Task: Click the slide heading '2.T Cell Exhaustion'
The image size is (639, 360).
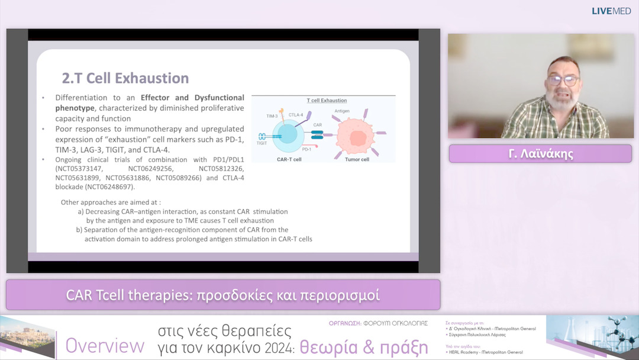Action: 125,78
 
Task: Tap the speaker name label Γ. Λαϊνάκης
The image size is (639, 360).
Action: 540,154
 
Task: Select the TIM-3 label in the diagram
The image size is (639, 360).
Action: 272,116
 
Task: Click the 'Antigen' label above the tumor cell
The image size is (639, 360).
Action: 342,111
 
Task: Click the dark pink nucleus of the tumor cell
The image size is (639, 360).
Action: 359,136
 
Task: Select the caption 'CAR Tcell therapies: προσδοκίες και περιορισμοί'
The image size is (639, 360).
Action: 222,295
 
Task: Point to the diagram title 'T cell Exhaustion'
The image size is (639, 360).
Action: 327,101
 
